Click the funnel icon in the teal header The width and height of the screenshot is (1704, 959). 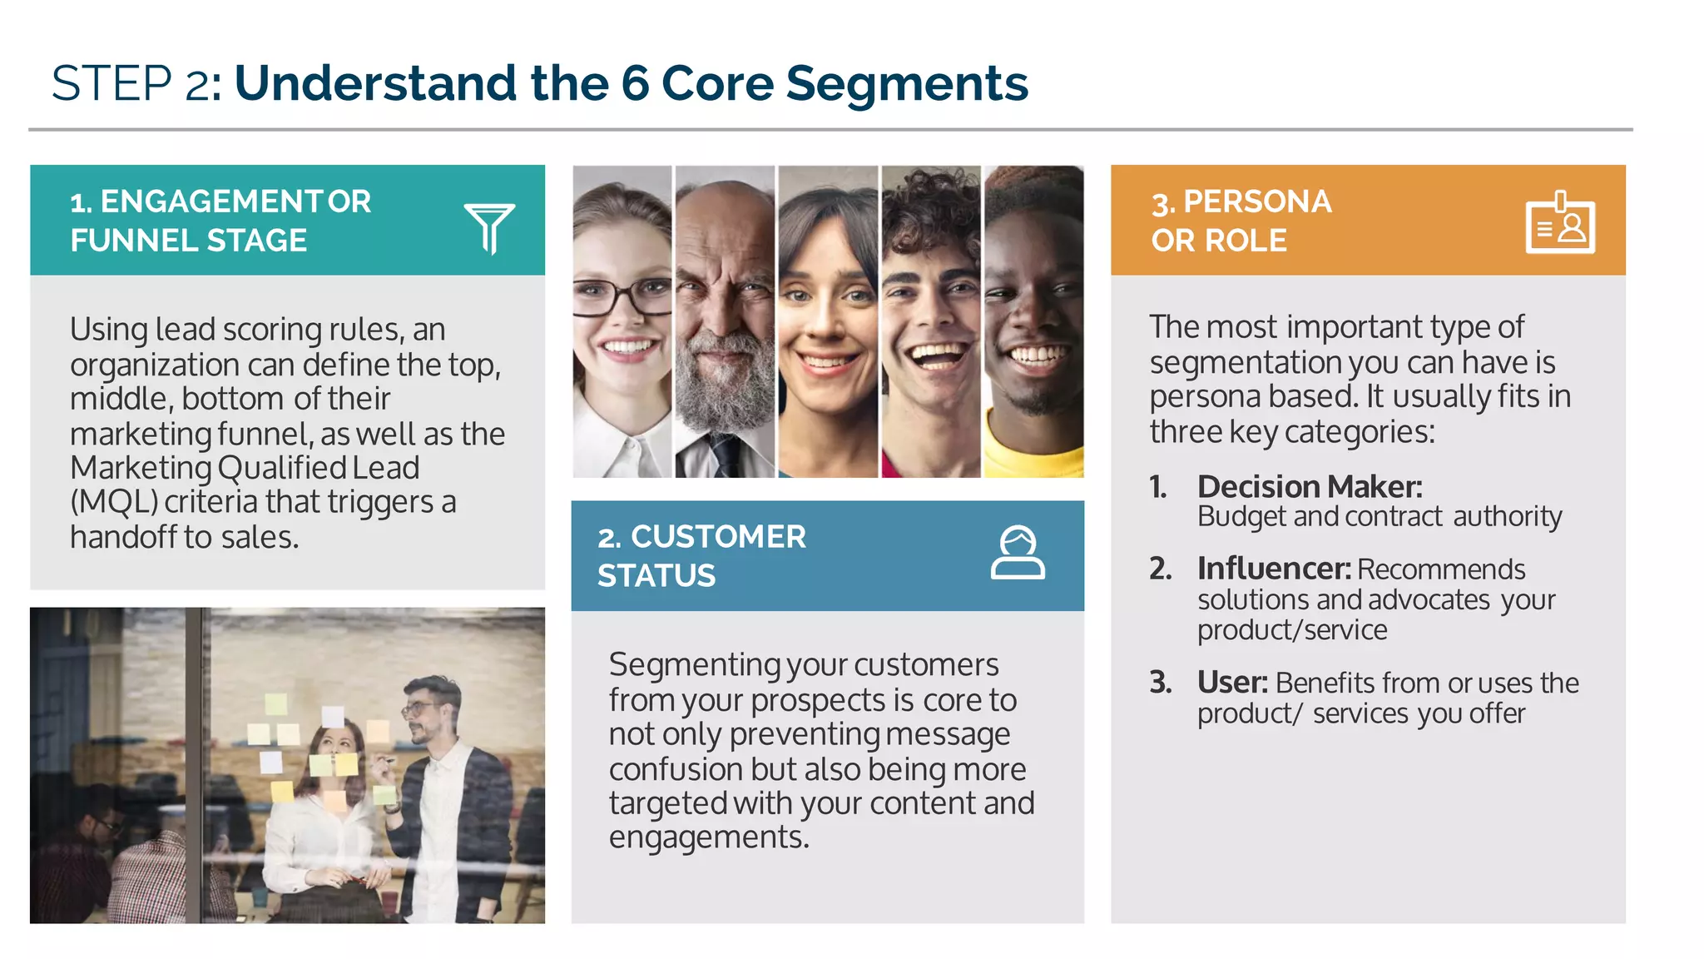tap(489, 226)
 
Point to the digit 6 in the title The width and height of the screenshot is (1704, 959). tap(634, 83)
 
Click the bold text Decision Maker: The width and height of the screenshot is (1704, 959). tap(1310, 486)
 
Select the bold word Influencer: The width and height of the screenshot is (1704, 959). tap(1273, 569)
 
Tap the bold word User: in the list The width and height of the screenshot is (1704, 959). tap(1231, 683)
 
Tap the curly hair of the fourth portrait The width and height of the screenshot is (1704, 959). tap(930, 208)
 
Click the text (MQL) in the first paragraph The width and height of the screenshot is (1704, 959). tap(114, 502)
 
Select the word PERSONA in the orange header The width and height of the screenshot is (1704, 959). tap(1256, 202)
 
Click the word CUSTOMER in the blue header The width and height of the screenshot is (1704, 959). tap(717, 537)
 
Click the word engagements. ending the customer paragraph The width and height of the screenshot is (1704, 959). tap(708, 837)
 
